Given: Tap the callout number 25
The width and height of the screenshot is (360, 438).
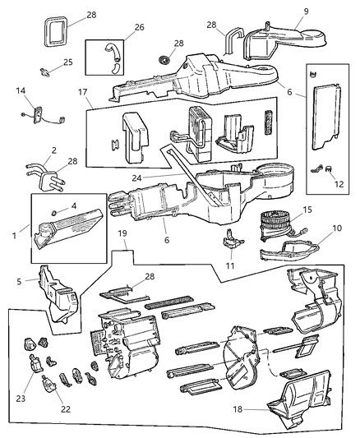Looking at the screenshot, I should pyautogui.click(x=69, y=62).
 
